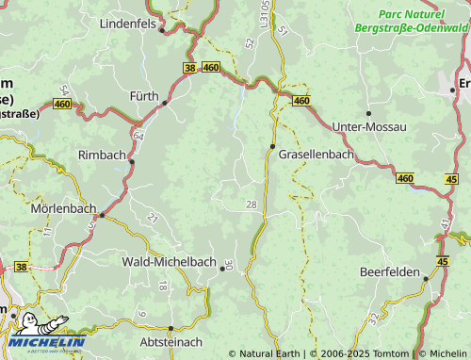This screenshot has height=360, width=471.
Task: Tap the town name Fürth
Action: pos(144,96)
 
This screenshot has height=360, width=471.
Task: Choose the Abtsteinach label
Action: pos(171,344)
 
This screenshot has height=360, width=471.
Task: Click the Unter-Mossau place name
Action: pos(370,126)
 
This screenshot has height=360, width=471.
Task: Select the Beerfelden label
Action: pos(390,271)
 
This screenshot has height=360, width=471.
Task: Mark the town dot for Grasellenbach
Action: pos(272,146)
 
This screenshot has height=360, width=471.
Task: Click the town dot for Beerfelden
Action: pos(425,279)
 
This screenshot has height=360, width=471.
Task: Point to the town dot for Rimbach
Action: pos(132,161)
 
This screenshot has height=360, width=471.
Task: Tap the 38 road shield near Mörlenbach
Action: pos(21,267)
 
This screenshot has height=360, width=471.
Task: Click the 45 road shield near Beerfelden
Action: pos(443,260)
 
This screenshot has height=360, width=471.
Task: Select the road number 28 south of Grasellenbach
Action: pos(251,205)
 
